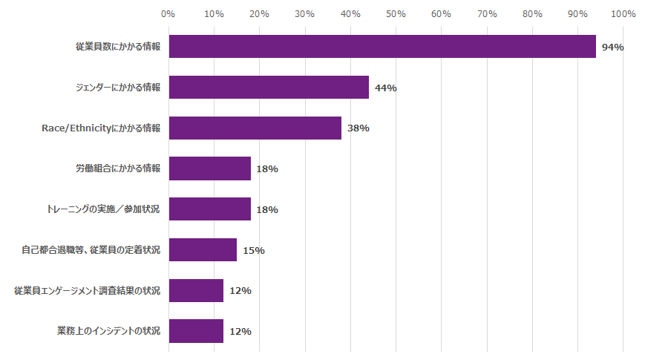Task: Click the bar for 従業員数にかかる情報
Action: tap(382, 47)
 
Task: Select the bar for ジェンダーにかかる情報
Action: tap(269, 88)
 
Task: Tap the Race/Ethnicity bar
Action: tap(255, 128)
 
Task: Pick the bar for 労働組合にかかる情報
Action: tap(209, 168)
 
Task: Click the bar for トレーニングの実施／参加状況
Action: tap(209, 209)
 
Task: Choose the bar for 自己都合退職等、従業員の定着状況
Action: tap(203, 249)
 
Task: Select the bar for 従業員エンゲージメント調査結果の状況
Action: tap(196, 290)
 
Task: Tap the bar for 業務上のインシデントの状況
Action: tap(196, 331)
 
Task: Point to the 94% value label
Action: tap(612, 48)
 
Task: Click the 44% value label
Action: tap(385, 88)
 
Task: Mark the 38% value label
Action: tap(358, 128)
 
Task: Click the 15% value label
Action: tap(253, 250)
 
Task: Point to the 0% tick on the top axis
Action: tap(168, 13)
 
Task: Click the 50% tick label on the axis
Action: tap(396, 13)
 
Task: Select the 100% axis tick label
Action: tap(623, 13)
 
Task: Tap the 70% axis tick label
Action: tap(487, 13)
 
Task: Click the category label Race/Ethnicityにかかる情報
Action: tap(100, 128)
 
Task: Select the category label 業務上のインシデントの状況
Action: tap(108, 331)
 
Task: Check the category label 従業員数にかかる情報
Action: tap(117, 47)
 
